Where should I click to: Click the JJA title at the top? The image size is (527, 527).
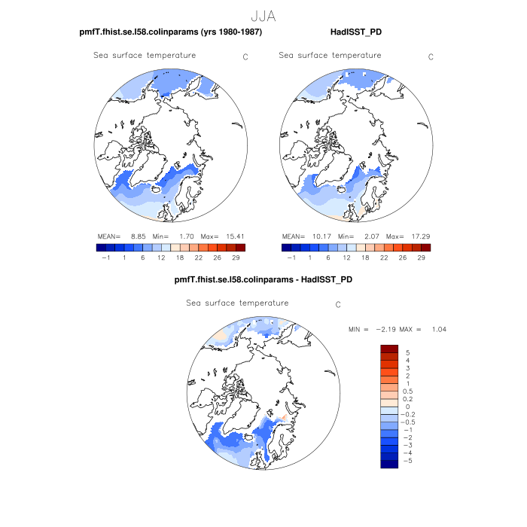(263, 15)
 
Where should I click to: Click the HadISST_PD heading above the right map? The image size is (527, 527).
(357, 32)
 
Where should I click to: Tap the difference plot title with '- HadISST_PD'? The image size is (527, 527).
(263, 279)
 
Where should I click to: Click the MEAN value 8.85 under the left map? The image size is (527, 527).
(136, 236)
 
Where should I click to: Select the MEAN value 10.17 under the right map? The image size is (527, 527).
(322, 236)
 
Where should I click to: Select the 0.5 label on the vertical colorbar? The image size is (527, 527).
(407, 391)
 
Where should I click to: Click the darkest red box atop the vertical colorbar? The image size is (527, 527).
(389, 349)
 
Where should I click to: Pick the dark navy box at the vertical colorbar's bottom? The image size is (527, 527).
(389, 464)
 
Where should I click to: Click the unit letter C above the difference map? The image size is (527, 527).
(338, 305)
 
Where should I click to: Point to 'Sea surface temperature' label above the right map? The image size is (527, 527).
(330, 56)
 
